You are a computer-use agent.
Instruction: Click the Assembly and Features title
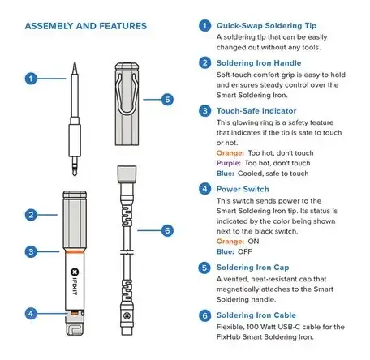(x=86, y=26)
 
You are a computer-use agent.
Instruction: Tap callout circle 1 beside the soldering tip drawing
(x=31, y=79)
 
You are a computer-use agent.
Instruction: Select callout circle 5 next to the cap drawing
(x=167, y=100)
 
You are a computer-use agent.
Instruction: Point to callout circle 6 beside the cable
(x=167, y=230)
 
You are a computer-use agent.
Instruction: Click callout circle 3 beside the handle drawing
(x=31, y=251)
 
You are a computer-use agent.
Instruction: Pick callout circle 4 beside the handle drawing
(x=31, y=314)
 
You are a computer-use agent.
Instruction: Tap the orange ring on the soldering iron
(x=75, y=251)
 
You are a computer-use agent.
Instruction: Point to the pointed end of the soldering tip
(x=75, y=63)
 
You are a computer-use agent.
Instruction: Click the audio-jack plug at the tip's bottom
(x=75, y=166)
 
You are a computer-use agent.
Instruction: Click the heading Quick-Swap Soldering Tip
(x=266, y=26)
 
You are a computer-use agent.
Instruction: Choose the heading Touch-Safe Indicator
(x=256, y=111)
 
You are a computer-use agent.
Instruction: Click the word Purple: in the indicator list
(x=229, y=163)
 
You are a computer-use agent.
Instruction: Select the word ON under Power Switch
(x=253, y=242)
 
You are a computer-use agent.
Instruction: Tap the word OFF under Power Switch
(x=245, y=251)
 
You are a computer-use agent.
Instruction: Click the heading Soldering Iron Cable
(x=256, y=315)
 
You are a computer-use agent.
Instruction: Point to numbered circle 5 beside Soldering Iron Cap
(x=204, y=268)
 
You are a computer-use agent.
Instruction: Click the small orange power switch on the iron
(x=75, y=313)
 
